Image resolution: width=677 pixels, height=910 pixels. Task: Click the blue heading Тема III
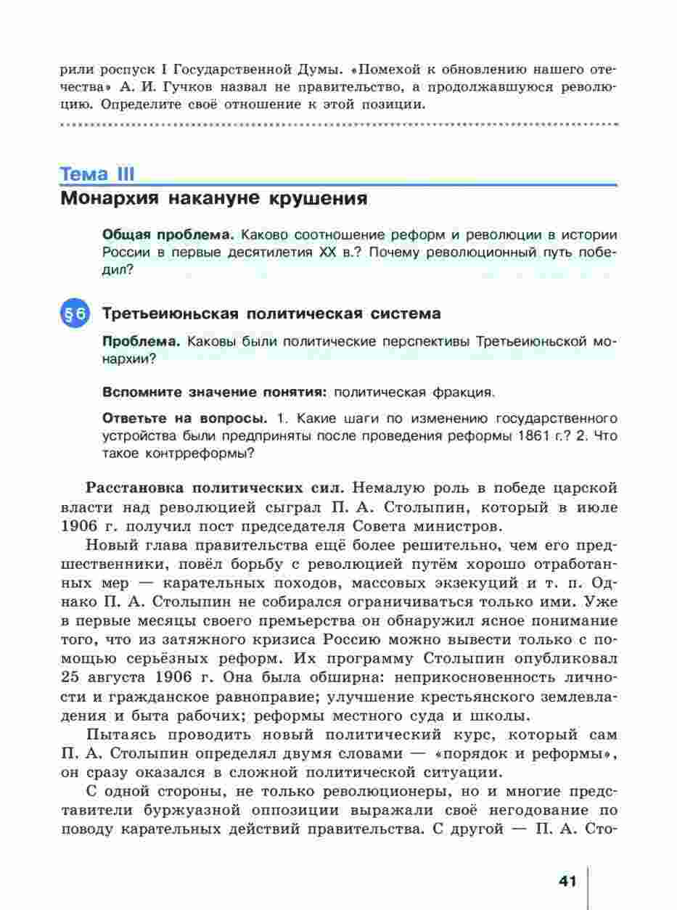coord(97,175)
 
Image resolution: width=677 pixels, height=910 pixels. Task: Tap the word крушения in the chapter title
coord(319,198)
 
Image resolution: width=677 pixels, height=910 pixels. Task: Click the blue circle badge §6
coord(75,314)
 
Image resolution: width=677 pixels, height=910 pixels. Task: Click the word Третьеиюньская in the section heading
coord(171,313)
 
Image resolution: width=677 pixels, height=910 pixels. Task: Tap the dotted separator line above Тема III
coord(338,126)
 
